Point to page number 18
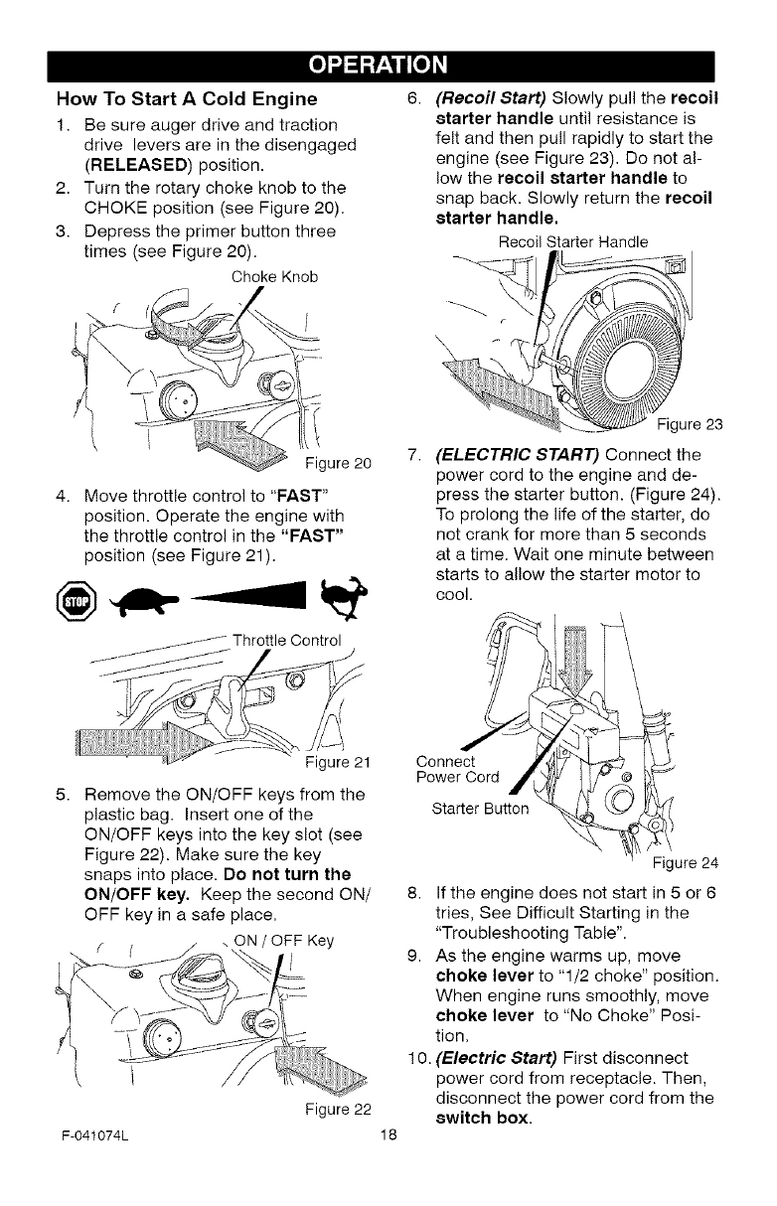(x=388, y=1163)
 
